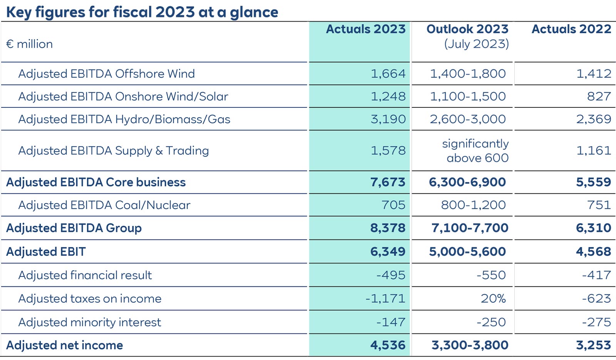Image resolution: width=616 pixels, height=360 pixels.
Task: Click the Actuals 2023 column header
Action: [365, 29]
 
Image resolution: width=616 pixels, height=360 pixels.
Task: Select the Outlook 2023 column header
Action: [467, 29]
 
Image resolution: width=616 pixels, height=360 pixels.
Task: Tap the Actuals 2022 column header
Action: [571, 29]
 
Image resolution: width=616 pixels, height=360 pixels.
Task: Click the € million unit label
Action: [29, 44]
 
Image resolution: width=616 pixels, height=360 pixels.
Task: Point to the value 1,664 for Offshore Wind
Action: [388, 74]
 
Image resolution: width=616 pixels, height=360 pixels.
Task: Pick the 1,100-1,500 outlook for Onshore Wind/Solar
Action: [467, 96]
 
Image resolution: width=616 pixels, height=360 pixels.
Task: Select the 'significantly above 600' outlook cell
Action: [475, 151]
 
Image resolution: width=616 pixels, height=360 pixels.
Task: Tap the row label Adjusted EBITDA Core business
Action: [96, 182]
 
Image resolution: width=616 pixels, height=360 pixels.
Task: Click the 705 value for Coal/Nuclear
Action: [393, 205]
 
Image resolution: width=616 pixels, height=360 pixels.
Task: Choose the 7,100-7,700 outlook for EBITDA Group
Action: [469, 228]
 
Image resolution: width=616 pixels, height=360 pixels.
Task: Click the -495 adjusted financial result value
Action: [390, 275]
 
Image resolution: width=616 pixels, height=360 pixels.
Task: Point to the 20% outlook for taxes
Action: [493, 298]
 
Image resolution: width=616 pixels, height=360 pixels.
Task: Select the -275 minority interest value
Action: [596, 322]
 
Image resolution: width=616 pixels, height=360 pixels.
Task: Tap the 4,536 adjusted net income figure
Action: [387, 345]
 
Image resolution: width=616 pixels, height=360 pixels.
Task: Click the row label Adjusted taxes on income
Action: [90, 298]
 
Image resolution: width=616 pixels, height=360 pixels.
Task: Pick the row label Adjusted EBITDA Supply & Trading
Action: [114, 151]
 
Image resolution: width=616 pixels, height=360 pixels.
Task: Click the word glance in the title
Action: [254, 12]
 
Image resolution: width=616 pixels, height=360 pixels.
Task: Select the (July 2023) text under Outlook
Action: [476, 44]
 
